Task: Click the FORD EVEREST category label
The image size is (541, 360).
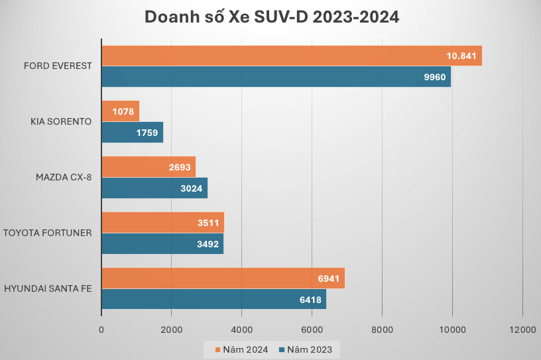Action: pos(58,66)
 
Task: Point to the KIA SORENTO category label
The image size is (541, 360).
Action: pos(61,122)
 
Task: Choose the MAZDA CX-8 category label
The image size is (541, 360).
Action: pos(64,178)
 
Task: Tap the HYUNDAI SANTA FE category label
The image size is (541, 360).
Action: pos(48,288)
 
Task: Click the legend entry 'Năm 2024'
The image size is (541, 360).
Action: pos(241,349)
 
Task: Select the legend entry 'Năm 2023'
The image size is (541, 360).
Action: pos(306,349)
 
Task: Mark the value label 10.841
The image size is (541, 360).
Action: pos(461,56)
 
